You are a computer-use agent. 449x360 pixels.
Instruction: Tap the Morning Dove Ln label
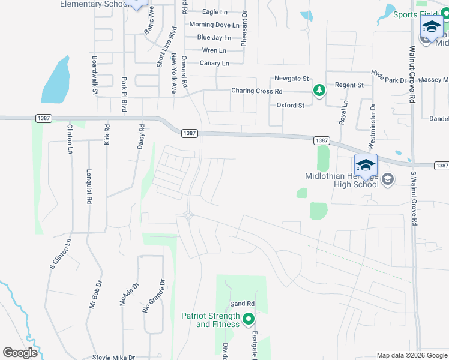click(214, 25)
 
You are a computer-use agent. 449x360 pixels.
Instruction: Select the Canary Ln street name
click(214, 63)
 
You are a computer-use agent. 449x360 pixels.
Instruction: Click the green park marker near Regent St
click(319, 91)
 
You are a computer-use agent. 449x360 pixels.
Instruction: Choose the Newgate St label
click(291, 79)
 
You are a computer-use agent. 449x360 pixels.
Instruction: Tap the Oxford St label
click(291, 105)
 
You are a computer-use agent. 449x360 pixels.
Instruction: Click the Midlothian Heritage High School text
click(342, 180)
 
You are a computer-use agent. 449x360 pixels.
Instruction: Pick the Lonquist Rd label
click(88, 187)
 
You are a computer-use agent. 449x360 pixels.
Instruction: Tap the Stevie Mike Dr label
click(113, 358)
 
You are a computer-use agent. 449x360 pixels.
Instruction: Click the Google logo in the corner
click(20, 353)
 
